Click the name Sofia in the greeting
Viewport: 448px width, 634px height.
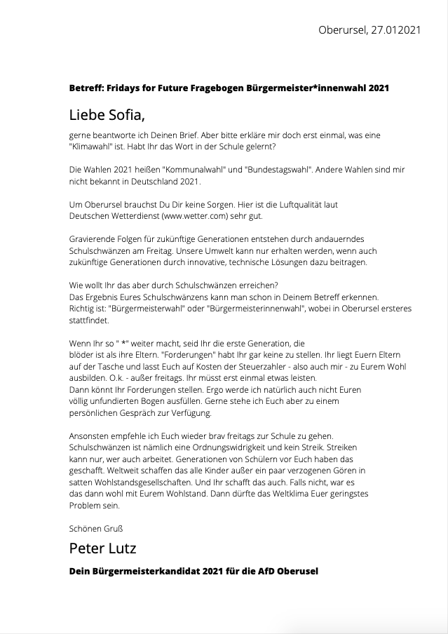click(127, 113)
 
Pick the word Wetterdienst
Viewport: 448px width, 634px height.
click(133, 216)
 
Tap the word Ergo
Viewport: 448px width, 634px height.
click(220, 378)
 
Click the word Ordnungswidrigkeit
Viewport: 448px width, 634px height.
click(237, 447)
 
